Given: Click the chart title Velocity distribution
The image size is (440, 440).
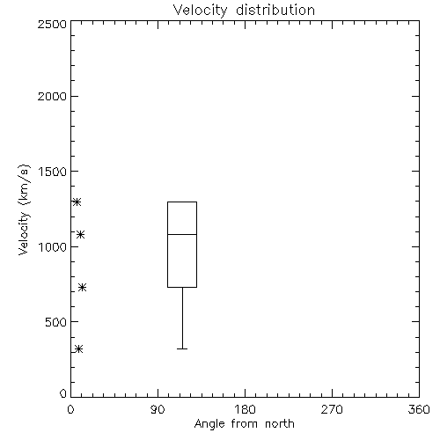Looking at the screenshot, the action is point(244,11).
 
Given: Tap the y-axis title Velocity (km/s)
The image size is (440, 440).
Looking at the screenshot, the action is point(24,209).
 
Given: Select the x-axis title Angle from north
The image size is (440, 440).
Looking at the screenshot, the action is point(245,424).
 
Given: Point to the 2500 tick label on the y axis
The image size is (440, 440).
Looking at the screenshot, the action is point(52,24).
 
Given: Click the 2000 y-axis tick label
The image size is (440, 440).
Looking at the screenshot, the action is point(52,97).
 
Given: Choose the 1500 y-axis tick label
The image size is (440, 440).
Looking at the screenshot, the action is point(53,172).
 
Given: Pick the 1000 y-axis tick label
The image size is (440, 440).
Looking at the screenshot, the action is point(53,247).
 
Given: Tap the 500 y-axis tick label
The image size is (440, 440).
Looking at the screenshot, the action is point(56,322).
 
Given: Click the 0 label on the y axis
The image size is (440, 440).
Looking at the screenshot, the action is point(63,393).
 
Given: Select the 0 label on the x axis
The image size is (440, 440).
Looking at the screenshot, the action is point(70,409).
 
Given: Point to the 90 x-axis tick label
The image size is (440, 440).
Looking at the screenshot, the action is point(158,409).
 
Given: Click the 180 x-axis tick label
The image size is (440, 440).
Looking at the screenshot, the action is point(245,409).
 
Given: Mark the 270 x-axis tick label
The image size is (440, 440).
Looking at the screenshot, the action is point(332,409).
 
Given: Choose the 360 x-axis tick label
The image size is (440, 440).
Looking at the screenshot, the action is point(419,409).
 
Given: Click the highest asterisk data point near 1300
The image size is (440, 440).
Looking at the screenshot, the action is point(77,202).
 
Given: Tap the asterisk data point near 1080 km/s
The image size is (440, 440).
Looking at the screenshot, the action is point(81,234).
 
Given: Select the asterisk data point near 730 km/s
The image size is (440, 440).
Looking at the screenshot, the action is point(83,287).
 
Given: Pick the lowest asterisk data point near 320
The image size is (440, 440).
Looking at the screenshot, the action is point(79,348).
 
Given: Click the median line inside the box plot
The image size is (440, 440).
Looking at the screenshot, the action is point(182,234).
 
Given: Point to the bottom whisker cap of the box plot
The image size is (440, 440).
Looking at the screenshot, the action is point(182,348).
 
